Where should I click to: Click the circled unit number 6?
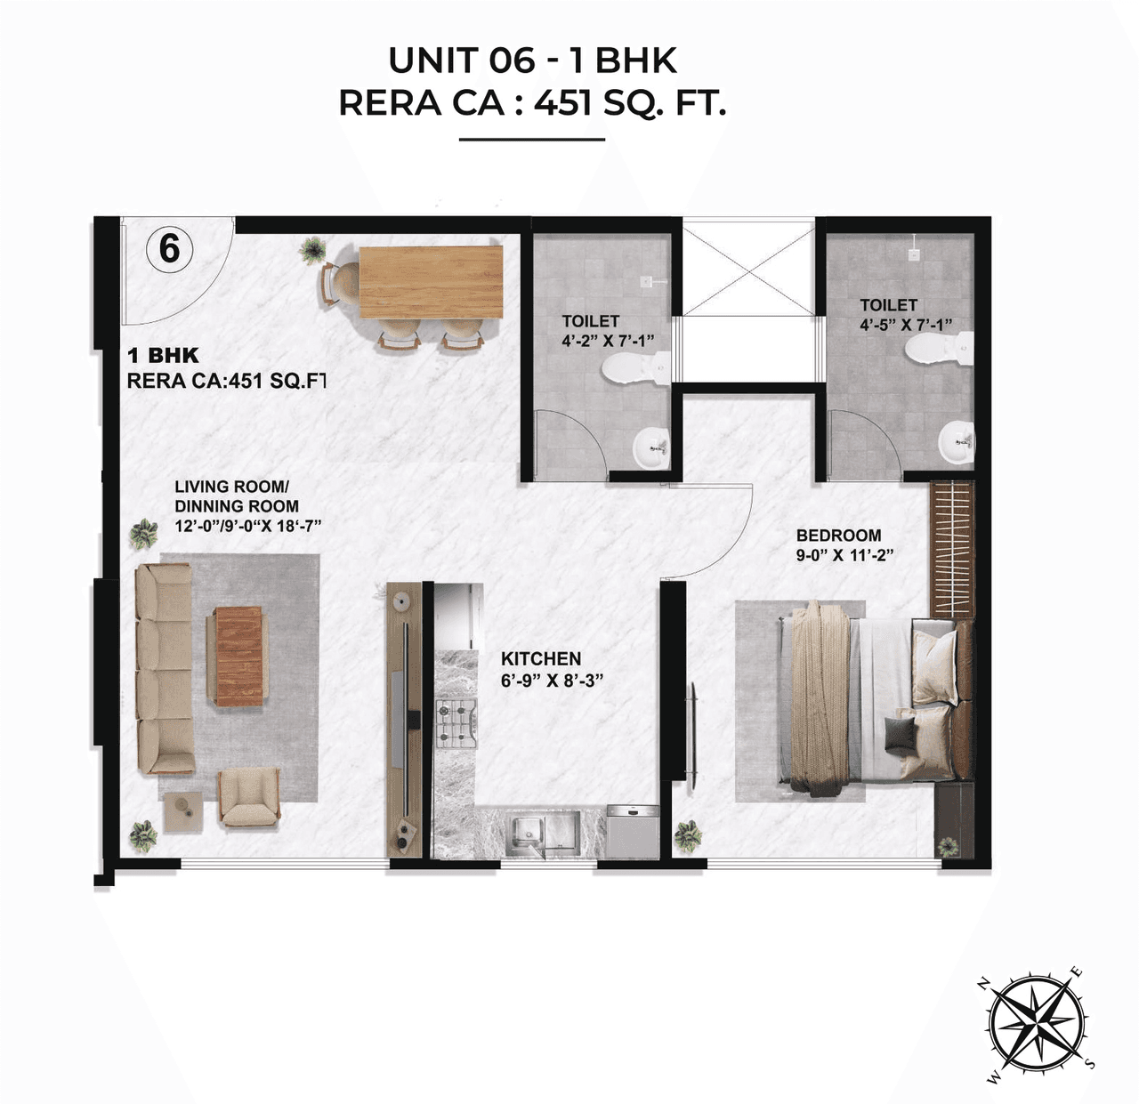tap(169, 248)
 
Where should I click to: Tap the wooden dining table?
tap(432, 281)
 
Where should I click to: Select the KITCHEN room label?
tap(541, 659)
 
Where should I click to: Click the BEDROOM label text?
tap(838, 536)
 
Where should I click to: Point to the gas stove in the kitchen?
tap(456, 721)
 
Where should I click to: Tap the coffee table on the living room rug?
tap(239, 656)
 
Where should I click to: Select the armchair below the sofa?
tap(249, 797)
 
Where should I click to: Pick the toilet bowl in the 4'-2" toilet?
tap(634, 368)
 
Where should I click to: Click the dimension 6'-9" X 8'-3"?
tap(553, 681)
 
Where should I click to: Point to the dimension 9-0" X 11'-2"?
tap(844, 555)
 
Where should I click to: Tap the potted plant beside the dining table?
tap(311, 250)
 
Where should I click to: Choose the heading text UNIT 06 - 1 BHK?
tap(532, 60)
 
